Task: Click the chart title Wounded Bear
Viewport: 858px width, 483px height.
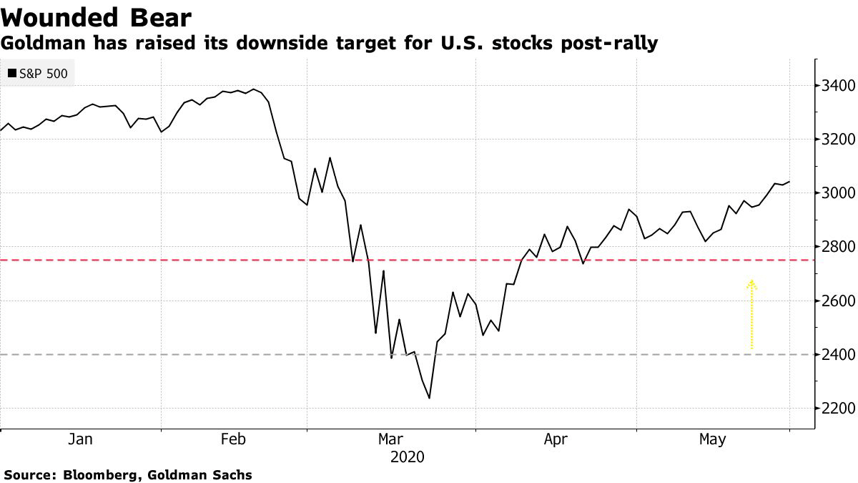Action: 96,16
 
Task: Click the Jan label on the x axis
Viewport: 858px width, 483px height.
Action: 80,439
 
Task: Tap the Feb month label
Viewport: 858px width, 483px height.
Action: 233,439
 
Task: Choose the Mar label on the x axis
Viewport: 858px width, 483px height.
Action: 390,439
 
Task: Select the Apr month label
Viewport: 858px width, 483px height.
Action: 556,439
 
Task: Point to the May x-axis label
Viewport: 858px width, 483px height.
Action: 712,439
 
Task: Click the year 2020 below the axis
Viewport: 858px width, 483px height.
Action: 407,457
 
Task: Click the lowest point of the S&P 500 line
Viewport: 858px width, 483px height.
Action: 429,398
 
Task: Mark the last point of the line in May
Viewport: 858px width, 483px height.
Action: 789,182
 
